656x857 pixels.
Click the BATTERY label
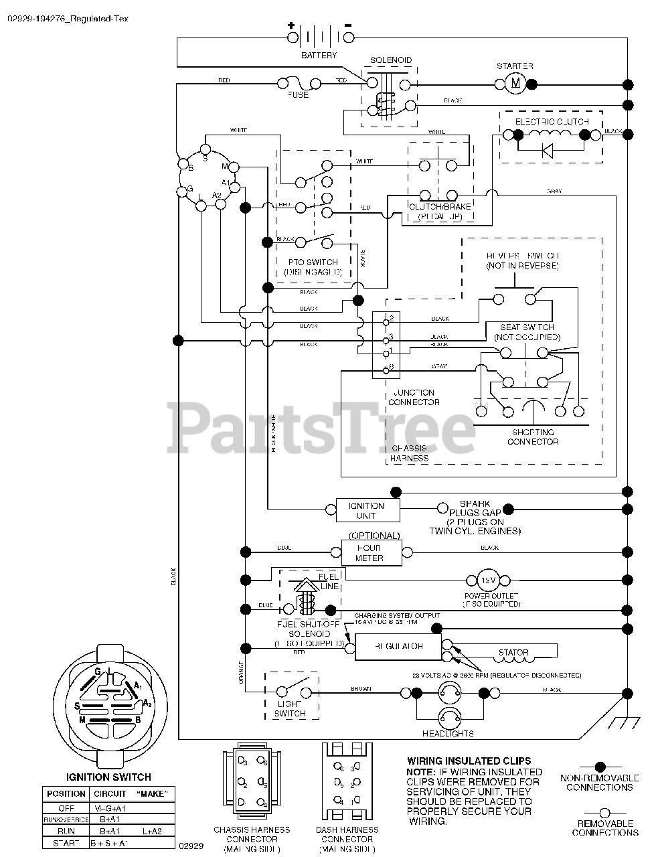pos(319,55)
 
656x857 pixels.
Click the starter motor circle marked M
pos(515,83)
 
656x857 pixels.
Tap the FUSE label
pos(299,95)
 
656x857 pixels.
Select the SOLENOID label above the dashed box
pos(391,60)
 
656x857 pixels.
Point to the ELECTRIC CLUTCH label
pos(552,121)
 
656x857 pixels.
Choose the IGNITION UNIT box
pos(366,511)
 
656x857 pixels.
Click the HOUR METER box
pos(370,552)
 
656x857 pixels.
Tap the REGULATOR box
pos(398,647)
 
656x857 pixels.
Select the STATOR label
pos(513,652)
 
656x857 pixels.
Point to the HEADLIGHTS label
pos(448,733)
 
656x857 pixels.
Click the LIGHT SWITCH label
pos(290,708)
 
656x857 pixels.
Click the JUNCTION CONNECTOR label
pos(414,397)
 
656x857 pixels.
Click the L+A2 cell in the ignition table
pos(153,830)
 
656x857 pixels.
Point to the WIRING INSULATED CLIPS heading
pos(469,761)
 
